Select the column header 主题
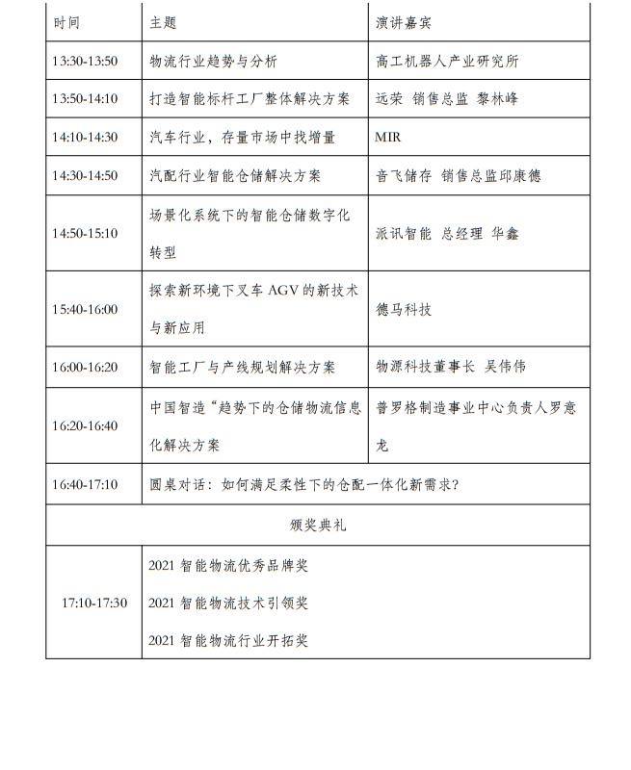pyautogui.click(x=163, y=22)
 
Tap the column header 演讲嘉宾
pyautogui.click(x=399, y=22)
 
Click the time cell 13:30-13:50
pyautogui.click(x=85, y=61)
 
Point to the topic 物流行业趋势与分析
pyautogui.click(x=213, y=61)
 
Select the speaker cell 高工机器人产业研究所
pyautogui.click(x=447, y=61)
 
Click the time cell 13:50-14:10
pyautogui.click(x=85, y=99)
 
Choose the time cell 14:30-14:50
pyautogui.click(x=85, y=176)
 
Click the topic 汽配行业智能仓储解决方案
pyautogui.click(x=235, y=176)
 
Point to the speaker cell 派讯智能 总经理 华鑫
pyautogui.click(x=447, y=233)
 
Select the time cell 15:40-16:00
pyautogui.click(x=85, y=309)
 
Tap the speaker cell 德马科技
pyautogui.click(x=404, y=309)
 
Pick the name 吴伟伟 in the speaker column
pyautogui.click(x=507, y=367)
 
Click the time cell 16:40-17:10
pyautogui.click(x=85, y=484)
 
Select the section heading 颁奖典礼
pyautogui.click(x=318, y=525)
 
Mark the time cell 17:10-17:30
pyautogui.click(x=93, y=603)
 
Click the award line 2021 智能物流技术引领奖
pyautogui.click(x=228, y=603)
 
